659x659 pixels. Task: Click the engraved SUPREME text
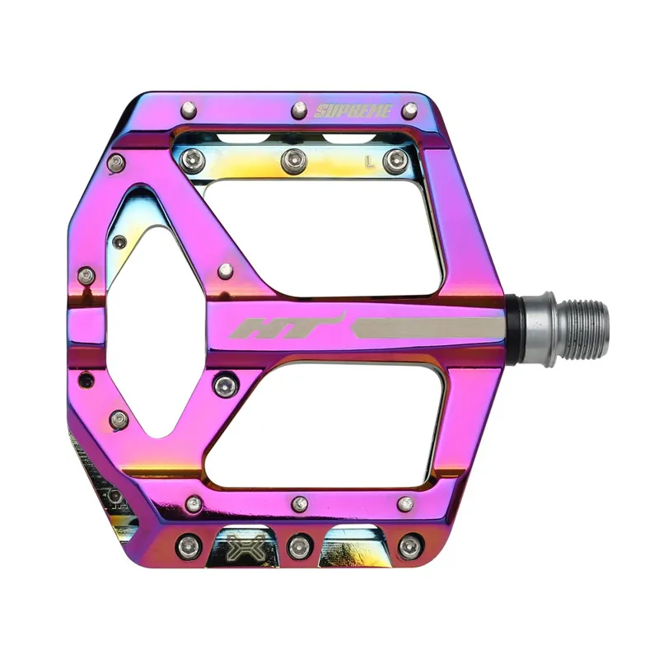pyautogui.click(x=352, y=110)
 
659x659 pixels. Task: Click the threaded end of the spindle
pyautogui.click(x=582, y=329)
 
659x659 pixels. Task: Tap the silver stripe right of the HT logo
pyautogui.click(x=428, y=327)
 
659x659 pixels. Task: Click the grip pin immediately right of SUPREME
pyautogui.click(x=409, y=110)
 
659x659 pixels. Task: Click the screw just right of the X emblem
pyautogui.click(x=297, y=544)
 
